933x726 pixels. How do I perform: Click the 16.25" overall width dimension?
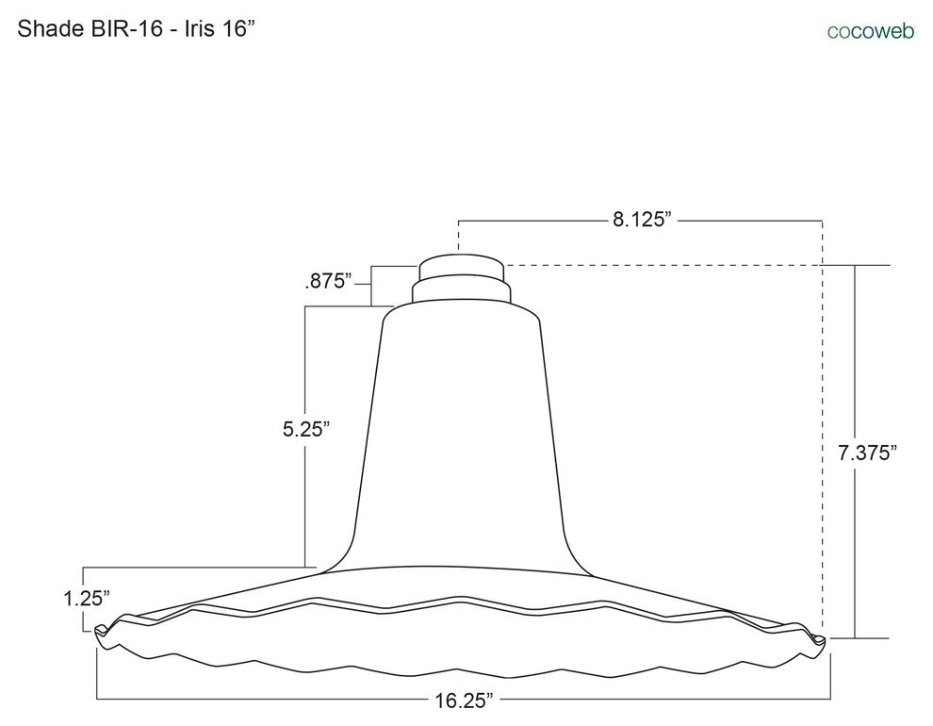pyautogui.click(x=464, y=700)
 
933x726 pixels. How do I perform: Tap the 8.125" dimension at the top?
pyautogui.click(x=642, y=220)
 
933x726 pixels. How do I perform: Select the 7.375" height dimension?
pyautogui.click(x=867, y=453)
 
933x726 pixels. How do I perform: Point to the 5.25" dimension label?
pyautogui.click(x=306, y=428)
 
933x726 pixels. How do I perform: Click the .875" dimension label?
pyautogui.click(x=328, y=281)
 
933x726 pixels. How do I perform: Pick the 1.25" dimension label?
pyautogui.click(x=87, y=598)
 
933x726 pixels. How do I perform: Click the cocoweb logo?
pyautogui.click(x=871, y=31)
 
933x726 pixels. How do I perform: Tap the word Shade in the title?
pyautogui.click(x=51, y=28)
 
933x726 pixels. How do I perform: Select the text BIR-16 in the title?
pyautogui.click(x=126, y=28)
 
